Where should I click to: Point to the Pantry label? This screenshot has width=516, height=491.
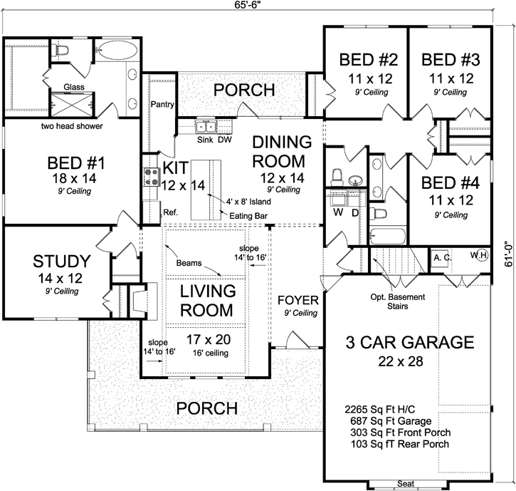pos(163,105)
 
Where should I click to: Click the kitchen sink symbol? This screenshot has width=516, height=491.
pos(206,127)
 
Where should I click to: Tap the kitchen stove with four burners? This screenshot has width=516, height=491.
pos(150,176)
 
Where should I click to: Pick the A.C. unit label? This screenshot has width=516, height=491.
pos(441,257)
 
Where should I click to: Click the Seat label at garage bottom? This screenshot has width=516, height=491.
pos(405,484)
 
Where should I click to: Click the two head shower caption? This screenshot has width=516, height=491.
pos(71,126)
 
